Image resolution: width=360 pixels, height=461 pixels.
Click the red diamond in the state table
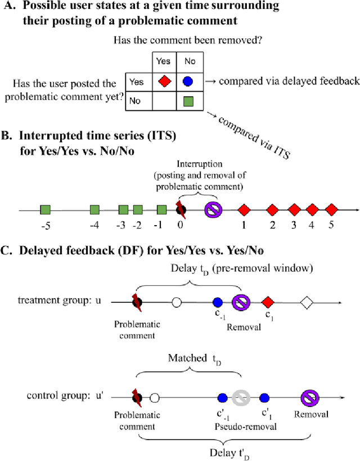coord(163,82)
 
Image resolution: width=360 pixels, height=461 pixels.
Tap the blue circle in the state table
coord(188,82)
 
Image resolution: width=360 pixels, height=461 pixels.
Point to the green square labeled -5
coord(46,210)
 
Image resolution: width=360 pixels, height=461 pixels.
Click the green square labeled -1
coord(162,210)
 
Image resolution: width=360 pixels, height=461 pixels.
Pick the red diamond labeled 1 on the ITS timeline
coord(244,210)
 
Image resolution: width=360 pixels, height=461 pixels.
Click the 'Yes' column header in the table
coord(163,61)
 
